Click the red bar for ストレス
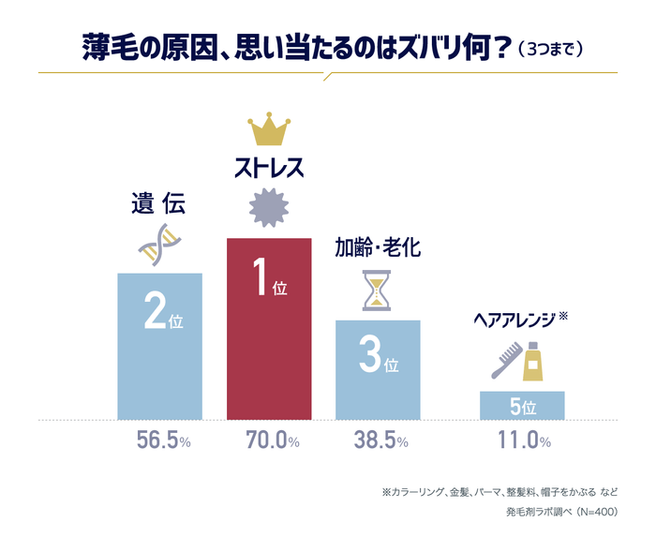tap(269, 328)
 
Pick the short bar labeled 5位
tap(522, 405)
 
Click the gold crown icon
tap(269, 131)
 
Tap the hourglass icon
tap(377, 291)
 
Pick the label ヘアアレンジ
tap(514, 319)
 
